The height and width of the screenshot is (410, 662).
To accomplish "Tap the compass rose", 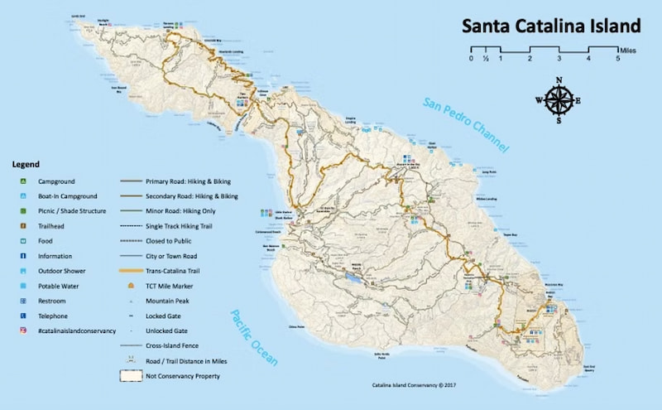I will (559, 100).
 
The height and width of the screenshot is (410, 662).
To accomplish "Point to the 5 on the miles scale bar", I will (617, 58).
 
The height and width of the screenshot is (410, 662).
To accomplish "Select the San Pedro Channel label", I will (465, 124).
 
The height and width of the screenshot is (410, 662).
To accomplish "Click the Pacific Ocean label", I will (254, 335).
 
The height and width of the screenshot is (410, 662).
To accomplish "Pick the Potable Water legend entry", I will (58, 286).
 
